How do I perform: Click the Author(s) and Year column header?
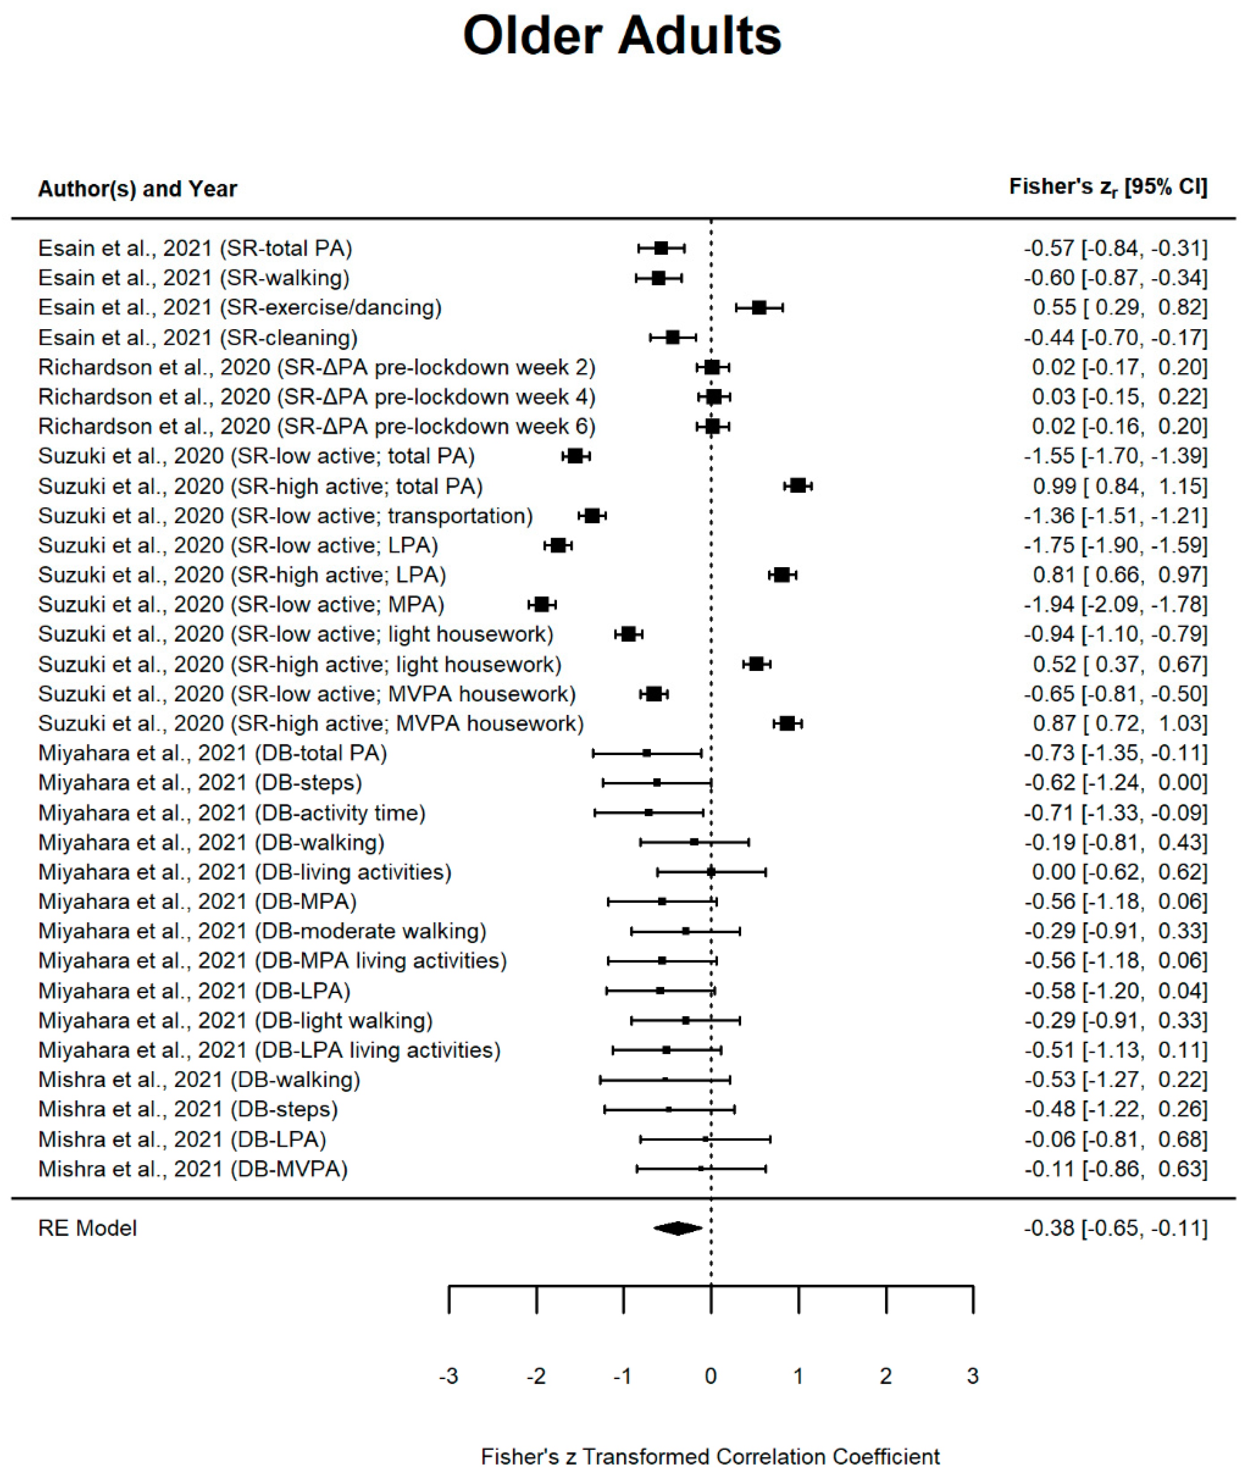137,189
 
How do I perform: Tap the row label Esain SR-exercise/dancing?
239,308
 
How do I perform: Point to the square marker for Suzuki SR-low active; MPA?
542,604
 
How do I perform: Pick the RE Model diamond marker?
678,1228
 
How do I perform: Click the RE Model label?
87,1228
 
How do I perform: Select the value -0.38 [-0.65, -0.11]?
1115,1228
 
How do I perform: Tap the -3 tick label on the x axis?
449,1376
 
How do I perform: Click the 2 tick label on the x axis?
886,1376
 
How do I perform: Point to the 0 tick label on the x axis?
711,1376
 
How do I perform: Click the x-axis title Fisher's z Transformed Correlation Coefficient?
710,1457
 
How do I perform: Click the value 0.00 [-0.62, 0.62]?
1119,871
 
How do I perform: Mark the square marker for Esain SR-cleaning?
673,337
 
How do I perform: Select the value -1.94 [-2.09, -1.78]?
1115,604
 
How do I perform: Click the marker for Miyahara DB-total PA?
647,753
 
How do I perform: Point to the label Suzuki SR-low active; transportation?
285,516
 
